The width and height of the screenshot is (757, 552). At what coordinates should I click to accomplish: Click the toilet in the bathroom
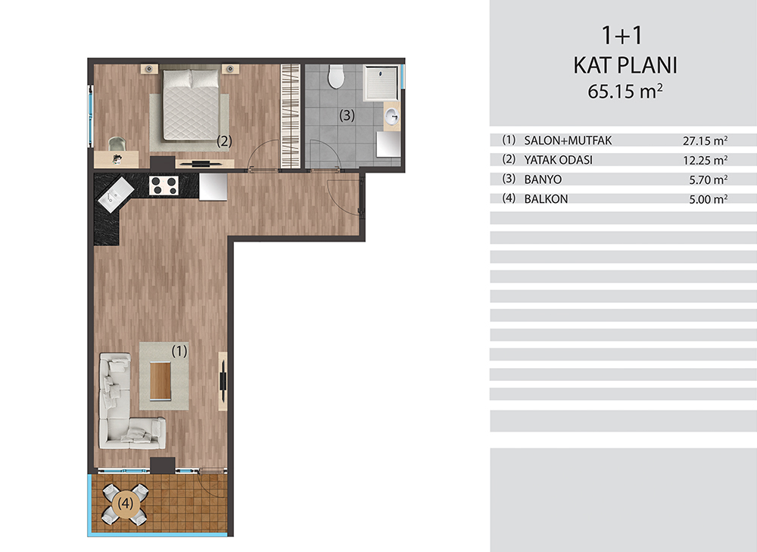pos(336,76)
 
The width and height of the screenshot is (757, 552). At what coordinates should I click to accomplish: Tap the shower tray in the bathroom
pos(381,83)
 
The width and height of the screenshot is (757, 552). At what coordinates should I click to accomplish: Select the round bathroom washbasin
pos(392,117)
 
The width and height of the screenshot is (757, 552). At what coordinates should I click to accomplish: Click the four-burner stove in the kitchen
pos(164,186)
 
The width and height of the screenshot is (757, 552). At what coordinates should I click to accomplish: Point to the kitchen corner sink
pos(116,194)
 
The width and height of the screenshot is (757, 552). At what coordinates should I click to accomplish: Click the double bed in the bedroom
pos(191,104)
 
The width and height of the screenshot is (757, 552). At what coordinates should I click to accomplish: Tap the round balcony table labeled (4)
pos(125,504)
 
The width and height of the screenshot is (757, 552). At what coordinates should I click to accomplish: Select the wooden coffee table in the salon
pos(160,381)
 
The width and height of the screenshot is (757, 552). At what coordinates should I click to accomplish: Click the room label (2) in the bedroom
pos(224,141)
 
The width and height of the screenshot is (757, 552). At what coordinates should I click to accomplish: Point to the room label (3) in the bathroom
pos(347,115)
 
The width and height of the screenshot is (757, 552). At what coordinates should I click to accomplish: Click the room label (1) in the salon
pos(179,351)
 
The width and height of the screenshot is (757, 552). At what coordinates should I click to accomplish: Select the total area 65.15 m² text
pos(625,91)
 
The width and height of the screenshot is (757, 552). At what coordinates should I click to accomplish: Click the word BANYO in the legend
pos(543,179)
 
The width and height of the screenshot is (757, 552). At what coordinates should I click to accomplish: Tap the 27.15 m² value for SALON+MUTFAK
pos(706,141)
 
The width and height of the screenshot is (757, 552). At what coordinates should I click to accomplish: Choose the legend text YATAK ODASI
pos(558,160)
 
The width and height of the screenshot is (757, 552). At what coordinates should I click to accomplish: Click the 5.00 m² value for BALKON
pos(709,199)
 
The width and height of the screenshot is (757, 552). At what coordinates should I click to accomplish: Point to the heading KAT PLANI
pos(625,65)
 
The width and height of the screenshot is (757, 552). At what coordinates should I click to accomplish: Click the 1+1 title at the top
pos(622,36)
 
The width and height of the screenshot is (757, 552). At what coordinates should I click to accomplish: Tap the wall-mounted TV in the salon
pos(223,381)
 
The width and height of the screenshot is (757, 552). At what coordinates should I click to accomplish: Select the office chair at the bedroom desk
pos(117,144)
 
